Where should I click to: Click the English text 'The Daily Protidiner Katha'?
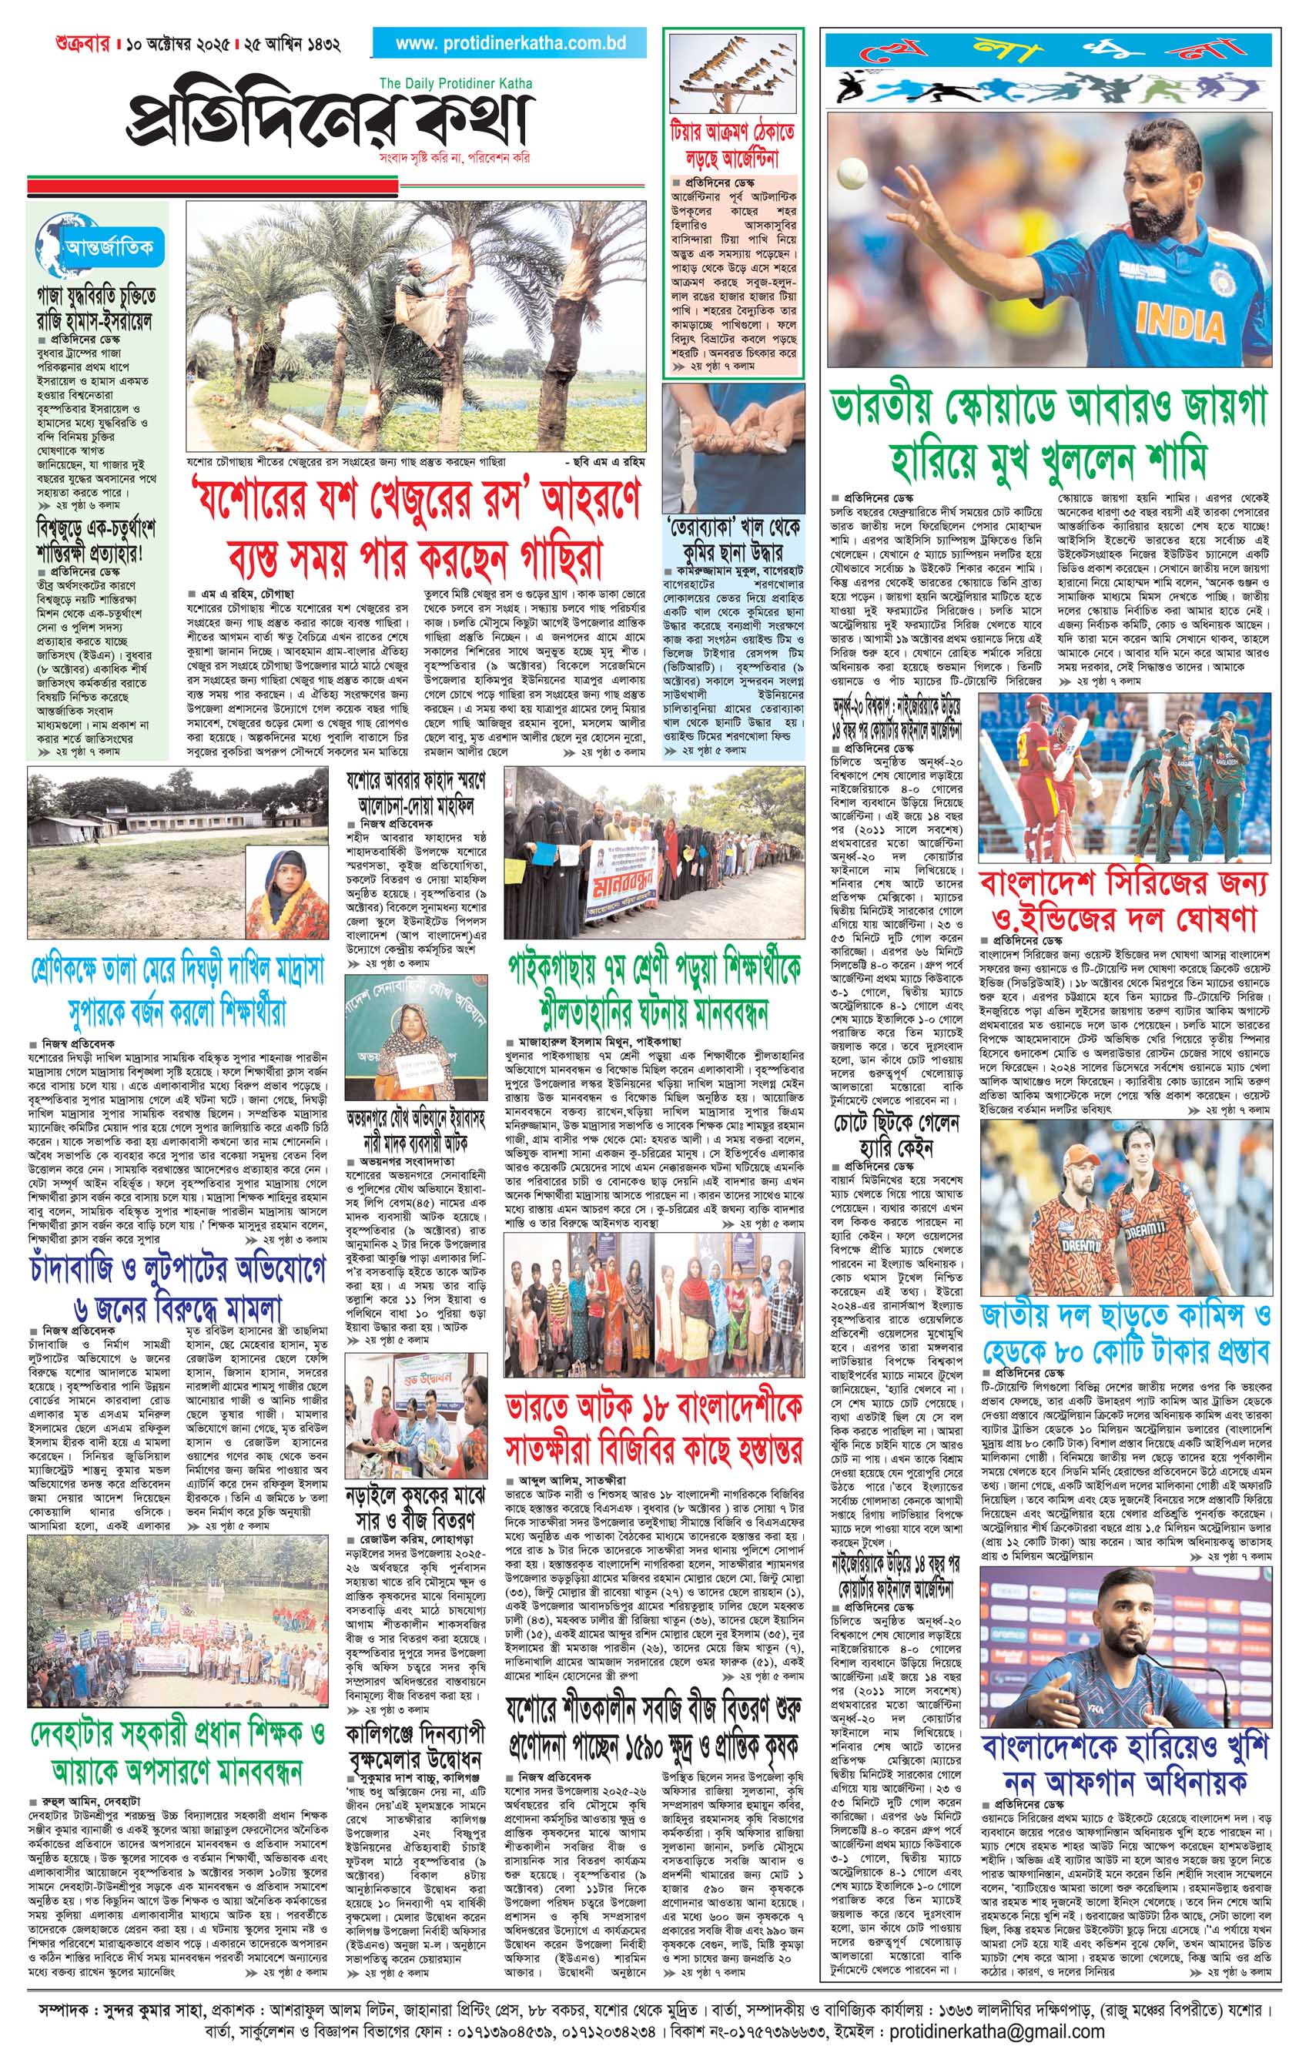[x=456, y=83]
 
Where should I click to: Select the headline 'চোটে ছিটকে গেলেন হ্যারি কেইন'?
[x=895, y=1135]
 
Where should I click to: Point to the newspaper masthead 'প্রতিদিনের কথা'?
[x=330, y=120]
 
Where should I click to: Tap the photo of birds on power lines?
[x=732, y=73]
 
